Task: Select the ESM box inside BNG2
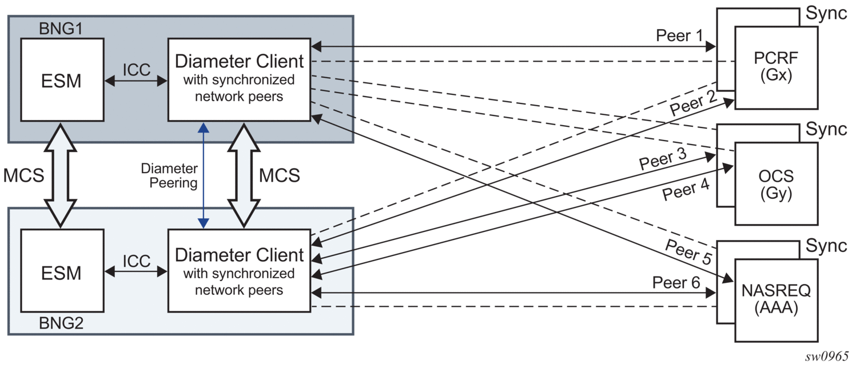click(62, 273)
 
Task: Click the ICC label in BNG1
click(136, 70)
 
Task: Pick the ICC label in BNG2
click(136, 261)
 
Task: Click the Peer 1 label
click(679, 36)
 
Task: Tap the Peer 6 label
click(676, 282)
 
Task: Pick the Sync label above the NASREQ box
click(826, 246)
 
